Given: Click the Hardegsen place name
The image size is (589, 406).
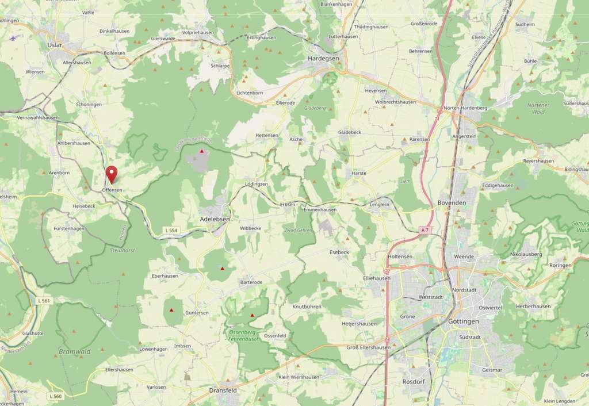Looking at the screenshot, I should (323, 58).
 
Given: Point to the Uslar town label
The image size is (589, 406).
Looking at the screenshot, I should (55, 44).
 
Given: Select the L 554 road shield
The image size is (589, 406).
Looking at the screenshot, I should (171, 230).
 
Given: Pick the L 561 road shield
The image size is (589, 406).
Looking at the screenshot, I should (43, 301).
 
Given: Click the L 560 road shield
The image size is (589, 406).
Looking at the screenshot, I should (55, 396).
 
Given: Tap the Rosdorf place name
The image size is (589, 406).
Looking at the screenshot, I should (413, 381).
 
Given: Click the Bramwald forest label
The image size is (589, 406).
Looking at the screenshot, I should (75, 351).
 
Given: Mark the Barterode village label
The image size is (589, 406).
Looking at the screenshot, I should (251, 282).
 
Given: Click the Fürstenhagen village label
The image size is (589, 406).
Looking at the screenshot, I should (69, 228).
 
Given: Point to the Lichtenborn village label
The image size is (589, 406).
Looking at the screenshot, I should (250, 92).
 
